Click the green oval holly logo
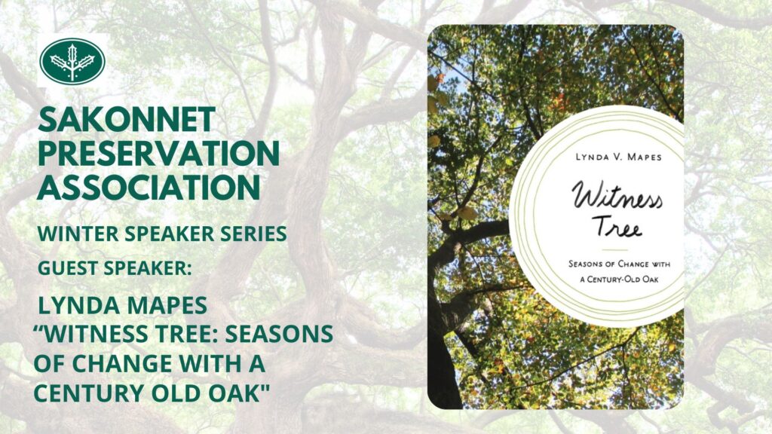(x=72, y=60)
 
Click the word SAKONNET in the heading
(x=127, y=120)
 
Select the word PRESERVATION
(x=158, y=153)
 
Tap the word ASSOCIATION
(x=149, y=187)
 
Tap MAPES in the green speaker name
(x=163, y=306)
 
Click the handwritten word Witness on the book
(x=617, y=196)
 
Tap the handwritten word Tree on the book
(x=617, y=227)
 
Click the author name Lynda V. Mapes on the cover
(x=618, y=157)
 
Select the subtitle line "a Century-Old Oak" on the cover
(x=620, y=280)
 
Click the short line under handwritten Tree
(x=615, y=250)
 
